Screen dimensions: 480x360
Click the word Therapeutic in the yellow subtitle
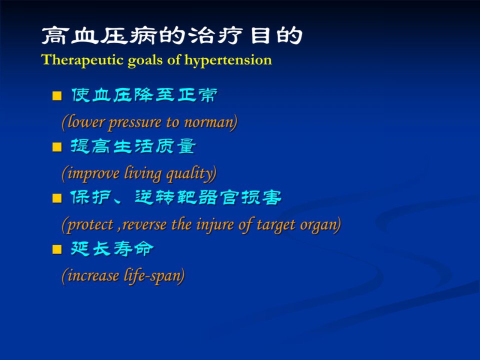82,60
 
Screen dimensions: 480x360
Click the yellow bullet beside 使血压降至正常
57,96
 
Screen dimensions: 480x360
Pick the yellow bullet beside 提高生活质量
57,147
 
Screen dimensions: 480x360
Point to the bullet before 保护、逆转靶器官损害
57,198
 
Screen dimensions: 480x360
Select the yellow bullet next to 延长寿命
57,249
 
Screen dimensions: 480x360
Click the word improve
93,174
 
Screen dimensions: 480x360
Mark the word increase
93,275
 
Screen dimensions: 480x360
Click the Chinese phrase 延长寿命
111,248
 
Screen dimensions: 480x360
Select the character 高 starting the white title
54,35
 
